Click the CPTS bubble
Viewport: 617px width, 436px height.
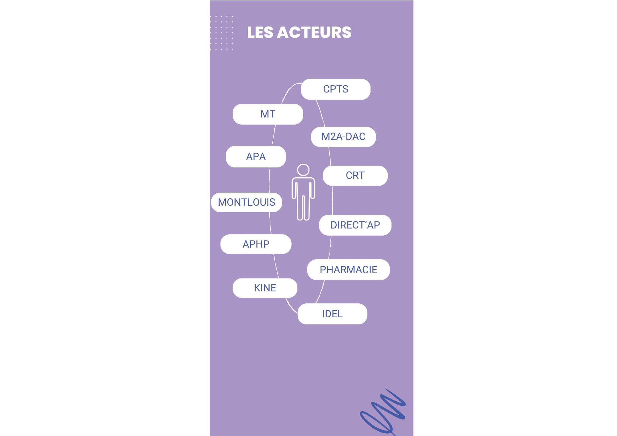pyautogui.click(x=336, y=89)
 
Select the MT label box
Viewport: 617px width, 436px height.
pyautogui.click(x=268, y=114)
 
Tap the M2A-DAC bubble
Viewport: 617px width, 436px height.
pyautogui.click(x=343, y=137)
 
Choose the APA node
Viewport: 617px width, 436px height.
pyautogui.click(x=256, y=157)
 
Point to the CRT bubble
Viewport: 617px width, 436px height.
pyautogui.click(x=355, y=176)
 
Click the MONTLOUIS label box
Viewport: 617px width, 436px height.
pyautogui.click(x=246, y=202)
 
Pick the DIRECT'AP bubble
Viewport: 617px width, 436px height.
pyautogui.click(x=355, y=225)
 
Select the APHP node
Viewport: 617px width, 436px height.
pyautogui.click(x=256, y=244)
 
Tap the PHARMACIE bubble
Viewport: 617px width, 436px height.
pyautogui.click(x=348, y=270)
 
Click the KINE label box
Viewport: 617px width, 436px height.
pyautogui.click(x=265, y=288)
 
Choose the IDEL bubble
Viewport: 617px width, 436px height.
pyautogui.click(x=332, y=314)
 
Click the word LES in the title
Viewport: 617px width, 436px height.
pyautogui.click(x=260, y=33)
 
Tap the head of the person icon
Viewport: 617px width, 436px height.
pyautogui.click(x=303, y=170)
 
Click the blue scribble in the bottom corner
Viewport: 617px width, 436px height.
pyautogui.click(x=384, y=412)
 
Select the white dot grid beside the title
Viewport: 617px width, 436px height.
pyautogui.click(x=222, y=33)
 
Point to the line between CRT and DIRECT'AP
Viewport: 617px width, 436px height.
pyautogui.click(x=332, y=200)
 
